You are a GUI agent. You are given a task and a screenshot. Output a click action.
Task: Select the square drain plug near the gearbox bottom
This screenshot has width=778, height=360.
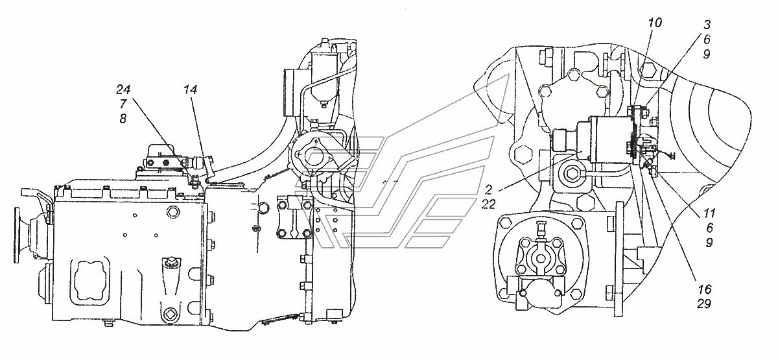[x=171, y=316]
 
